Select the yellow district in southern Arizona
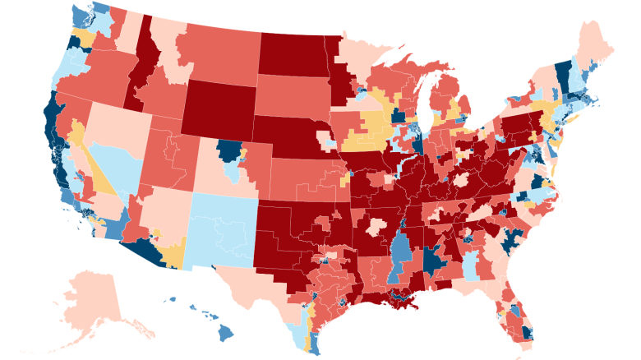[x=173, y=256]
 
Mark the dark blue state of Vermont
[x=564, y=75]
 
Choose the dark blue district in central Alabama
[x=433, y=261]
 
